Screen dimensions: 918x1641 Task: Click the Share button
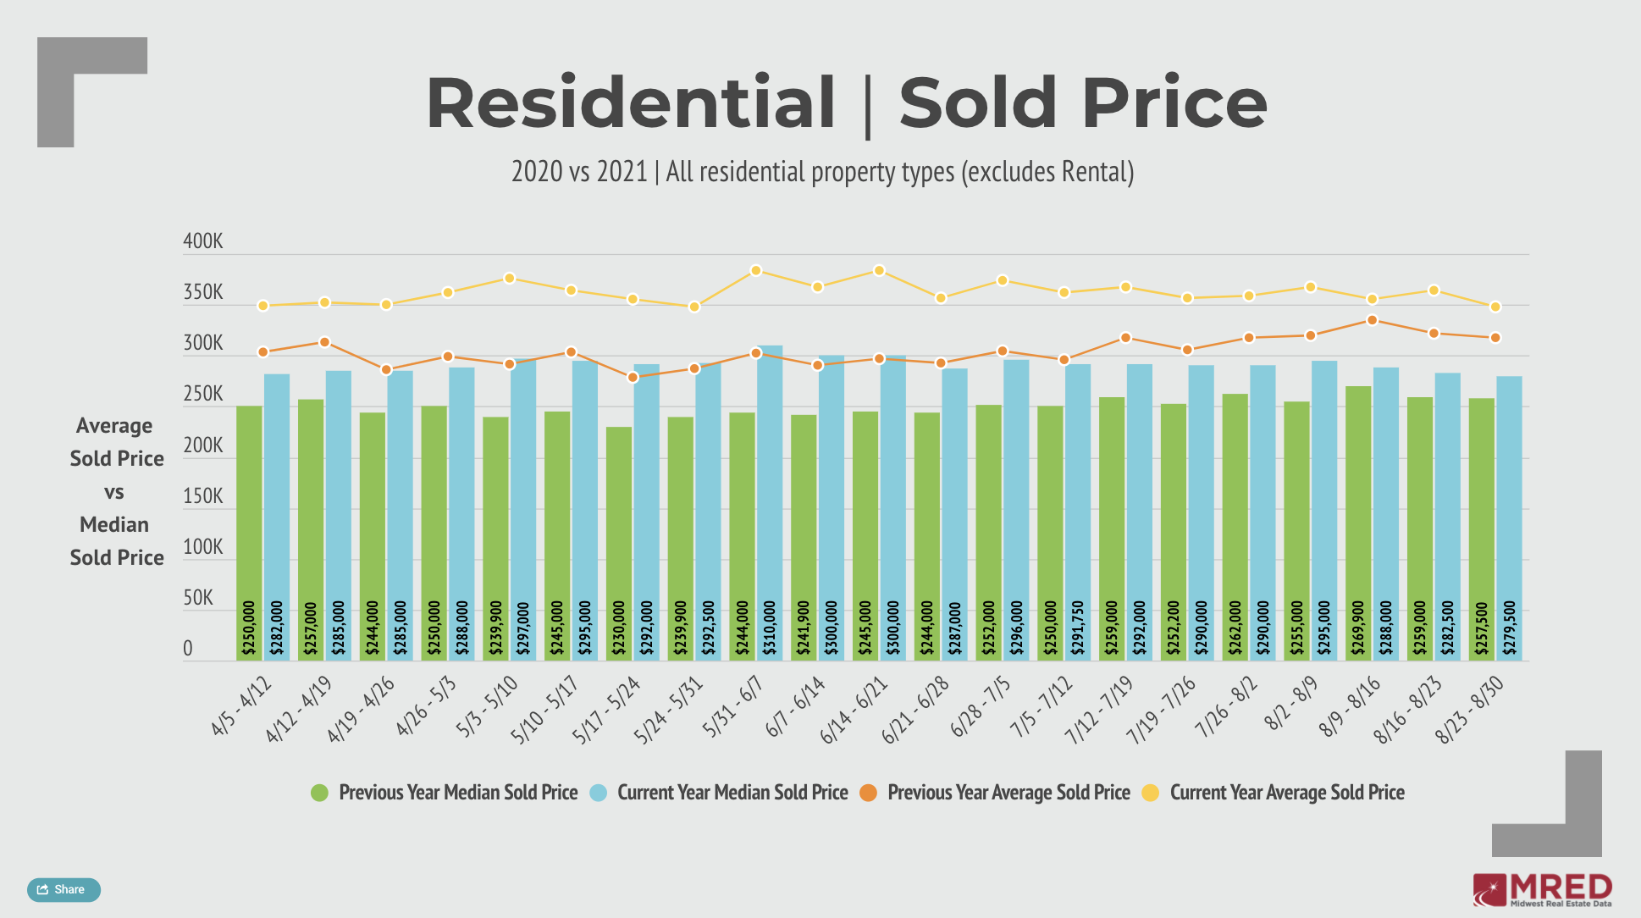pos(64,889)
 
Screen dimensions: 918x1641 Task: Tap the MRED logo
pos(1542,890)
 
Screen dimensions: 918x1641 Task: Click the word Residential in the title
pos(631,102)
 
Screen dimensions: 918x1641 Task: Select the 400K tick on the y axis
pos(203,241)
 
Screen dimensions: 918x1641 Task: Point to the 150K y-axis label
pos(203,496)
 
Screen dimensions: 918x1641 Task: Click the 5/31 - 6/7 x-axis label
pos(733,706)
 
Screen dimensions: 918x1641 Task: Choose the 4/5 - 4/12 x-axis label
pos(241,706)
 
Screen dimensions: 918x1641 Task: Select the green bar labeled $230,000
pos(619,542)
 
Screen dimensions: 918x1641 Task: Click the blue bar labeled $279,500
pos(1509,517)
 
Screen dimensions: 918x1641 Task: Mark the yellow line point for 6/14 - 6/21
pos(879,271)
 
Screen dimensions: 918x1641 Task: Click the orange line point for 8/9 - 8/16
pos(1372,320)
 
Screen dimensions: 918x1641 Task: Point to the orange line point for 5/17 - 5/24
pos(633,377)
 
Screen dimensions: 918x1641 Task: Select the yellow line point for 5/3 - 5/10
pos(510,278)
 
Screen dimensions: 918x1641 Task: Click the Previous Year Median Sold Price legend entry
pos(445,793)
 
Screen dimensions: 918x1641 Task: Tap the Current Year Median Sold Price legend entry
pos(720,793)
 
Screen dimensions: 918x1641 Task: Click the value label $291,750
pos(1078,628)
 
